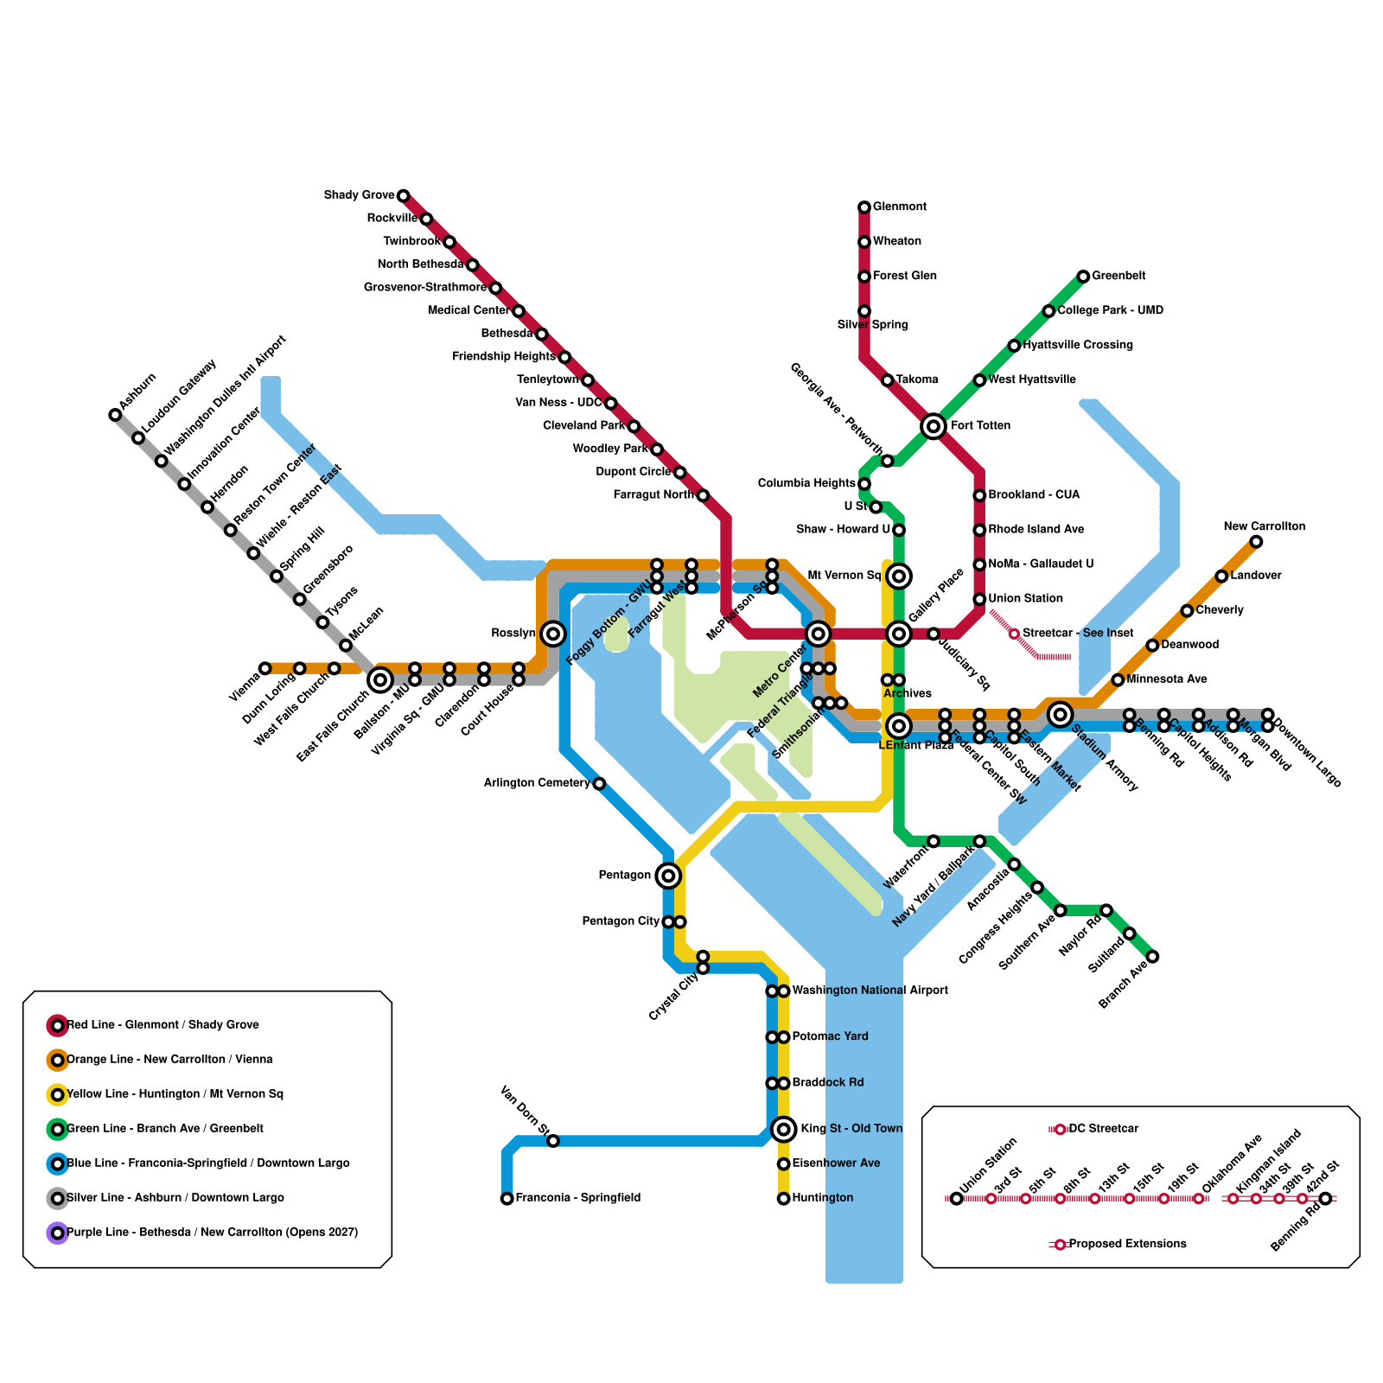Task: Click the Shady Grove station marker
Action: point(403,196)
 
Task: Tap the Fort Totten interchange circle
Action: point(933,426)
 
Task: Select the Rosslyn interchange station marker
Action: point(553,634)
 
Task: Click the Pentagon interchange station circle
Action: point(668,876)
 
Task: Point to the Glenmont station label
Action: point(899,207)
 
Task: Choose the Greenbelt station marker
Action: point(1083,277)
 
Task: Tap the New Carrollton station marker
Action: point(1256,542)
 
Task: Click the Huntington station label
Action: point(822,1198)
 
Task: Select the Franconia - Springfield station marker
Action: point(507,1199)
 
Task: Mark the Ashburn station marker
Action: point(115,415)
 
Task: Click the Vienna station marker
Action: point(265,668)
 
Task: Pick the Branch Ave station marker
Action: point(1152,957)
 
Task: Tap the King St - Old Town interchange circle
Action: point(784,1129)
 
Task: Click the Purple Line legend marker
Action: point(57,1233)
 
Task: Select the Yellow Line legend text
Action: point(175,1094)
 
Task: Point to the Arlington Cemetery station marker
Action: point(599,784)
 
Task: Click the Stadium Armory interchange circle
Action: point(1061,714)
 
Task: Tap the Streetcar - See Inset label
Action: point(1077,634)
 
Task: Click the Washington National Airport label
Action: point(870,991)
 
